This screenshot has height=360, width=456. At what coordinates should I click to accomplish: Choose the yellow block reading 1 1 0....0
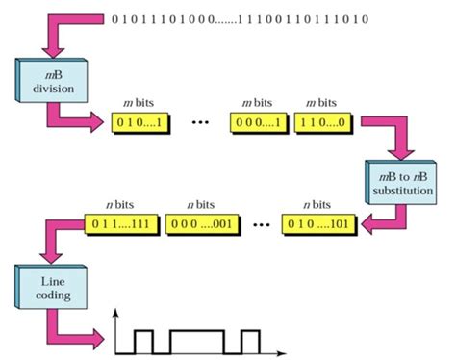[x=328, y=123]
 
